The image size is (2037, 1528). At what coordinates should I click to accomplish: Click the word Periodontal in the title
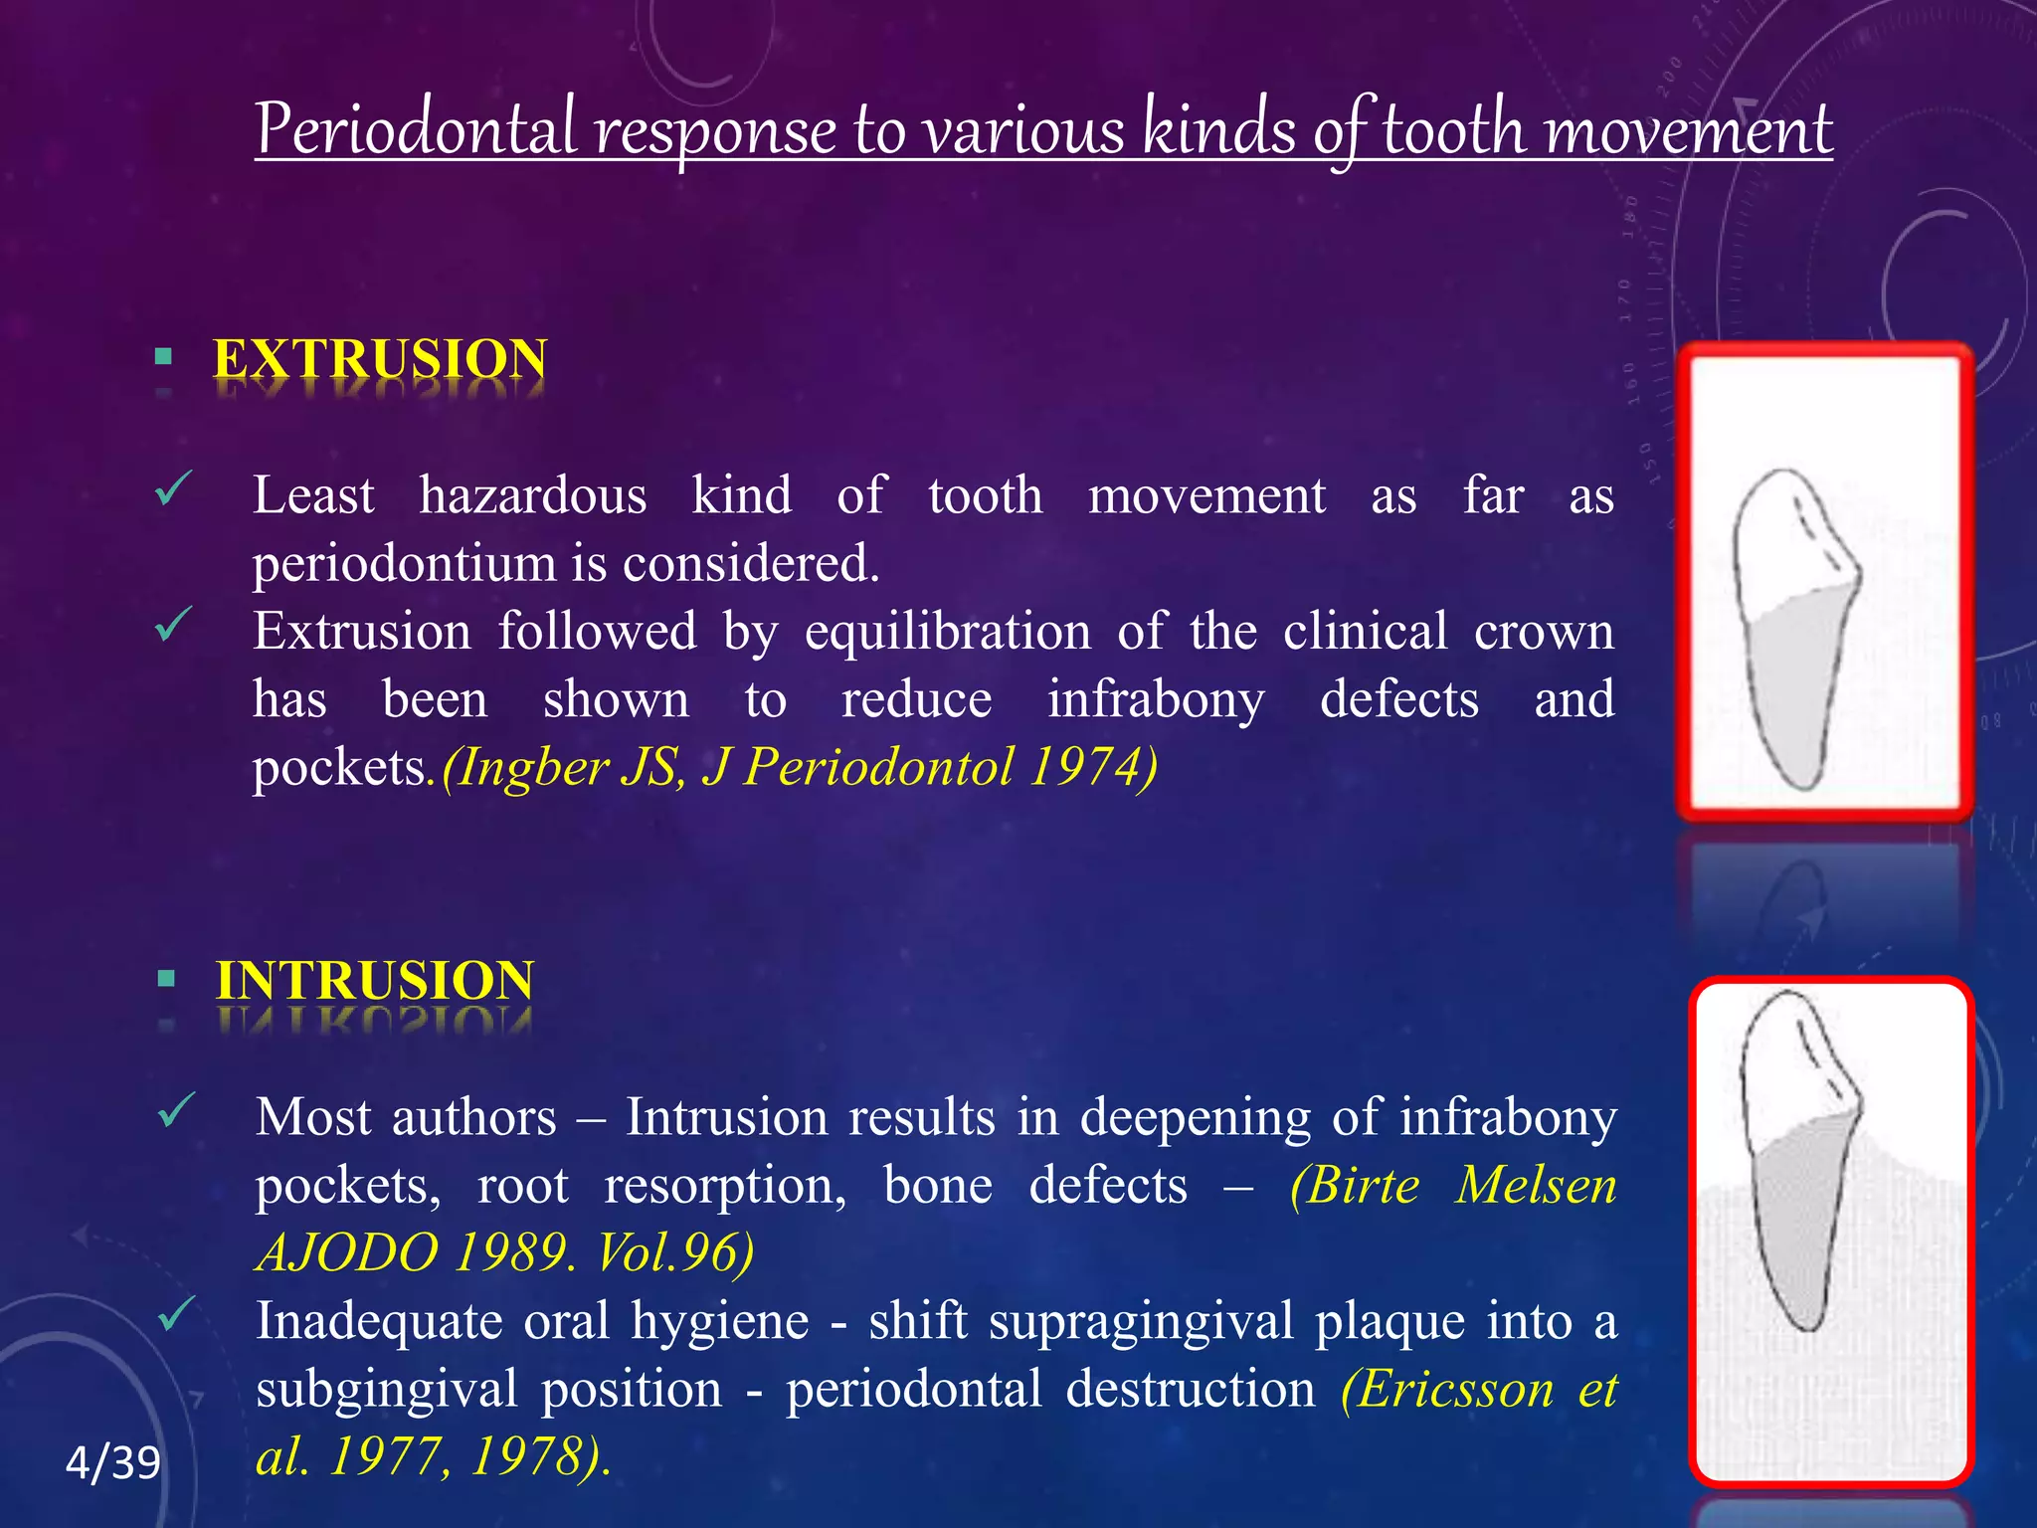click(416, 129)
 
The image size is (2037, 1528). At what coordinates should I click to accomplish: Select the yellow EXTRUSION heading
click(380, 359)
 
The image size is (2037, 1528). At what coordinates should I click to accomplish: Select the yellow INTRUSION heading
click(375, 981)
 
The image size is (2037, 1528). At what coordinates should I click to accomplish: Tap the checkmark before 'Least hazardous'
click(173, 488)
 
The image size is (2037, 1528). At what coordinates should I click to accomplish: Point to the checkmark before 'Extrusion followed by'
click(173, 625)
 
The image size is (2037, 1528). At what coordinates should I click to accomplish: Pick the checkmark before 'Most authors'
click(175, 1110)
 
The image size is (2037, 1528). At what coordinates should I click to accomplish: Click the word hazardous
click(532, 495)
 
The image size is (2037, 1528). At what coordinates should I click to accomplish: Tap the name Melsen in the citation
click(1536, 1186)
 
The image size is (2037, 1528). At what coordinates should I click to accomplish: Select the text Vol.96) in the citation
click(674, 1252)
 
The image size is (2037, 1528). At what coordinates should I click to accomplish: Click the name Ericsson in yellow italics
click(1447, 1389)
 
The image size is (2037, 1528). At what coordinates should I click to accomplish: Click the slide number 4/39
click(112, 1463)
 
